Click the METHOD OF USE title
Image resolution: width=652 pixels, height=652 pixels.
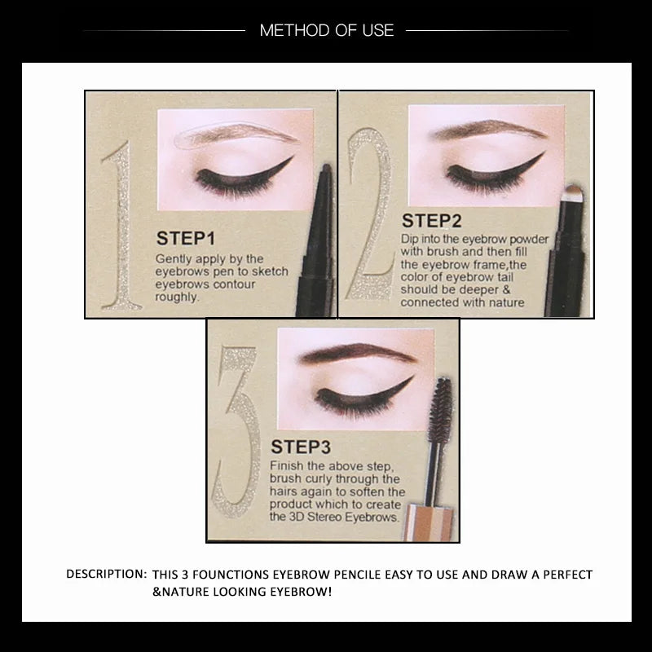click(x=326, y=31)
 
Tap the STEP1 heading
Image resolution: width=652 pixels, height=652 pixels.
click(x=185, y=239)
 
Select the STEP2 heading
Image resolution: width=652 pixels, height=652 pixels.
click(x=432, y=221)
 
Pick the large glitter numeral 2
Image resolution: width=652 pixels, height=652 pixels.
click(x=368, y=214)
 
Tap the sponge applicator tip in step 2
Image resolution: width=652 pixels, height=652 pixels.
click(x=574, y=192)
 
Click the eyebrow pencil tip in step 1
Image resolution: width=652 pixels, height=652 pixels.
click(x=324, y=170)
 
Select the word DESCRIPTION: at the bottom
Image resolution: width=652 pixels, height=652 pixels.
click(x=106, y=574)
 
